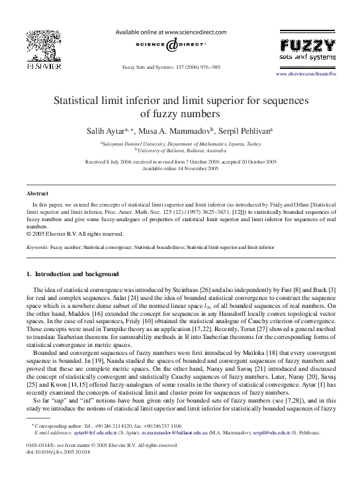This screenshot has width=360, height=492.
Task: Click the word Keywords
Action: click(36, 246)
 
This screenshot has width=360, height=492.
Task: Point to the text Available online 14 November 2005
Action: click(179, 168)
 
